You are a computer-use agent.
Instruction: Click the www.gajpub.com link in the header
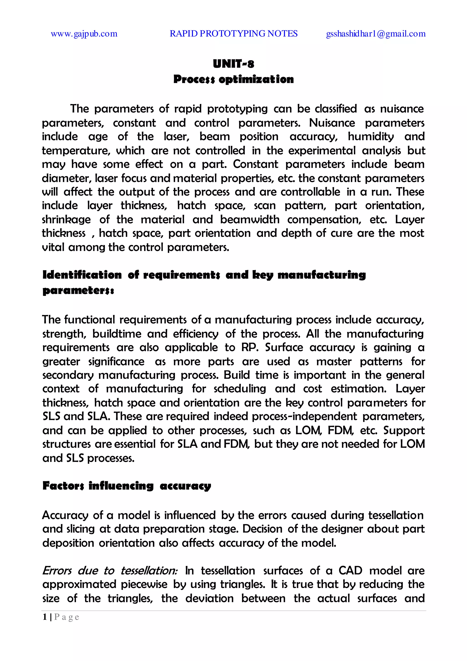pos(84,34)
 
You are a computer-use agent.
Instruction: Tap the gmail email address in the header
pos(376,34)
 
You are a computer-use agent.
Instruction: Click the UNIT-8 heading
pos(233,64)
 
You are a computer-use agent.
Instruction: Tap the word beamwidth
pos(250,220)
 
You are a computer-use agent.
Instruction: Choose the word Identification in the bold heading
pos(82,275)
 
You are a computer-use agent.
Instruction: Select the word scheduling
pos(240,389)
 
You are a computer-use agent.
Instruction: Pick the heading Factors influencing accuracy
pos(127,486)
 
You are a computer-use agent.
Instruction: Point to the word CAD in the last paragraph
pos(350,571)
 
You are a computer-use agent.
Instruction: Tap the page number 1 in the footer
pos(45,617)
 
